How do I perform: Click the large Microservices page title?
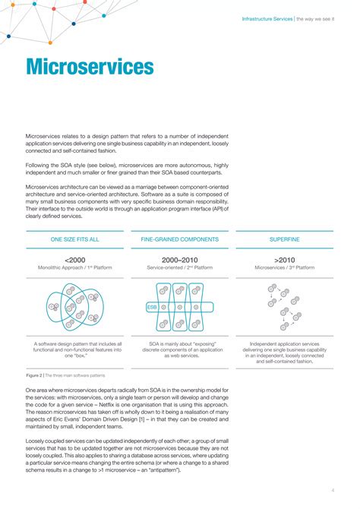pyautogui.click(x=90, y=68)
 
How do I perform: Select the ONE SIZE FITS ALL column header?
pyautogui.click(x=74, y=239)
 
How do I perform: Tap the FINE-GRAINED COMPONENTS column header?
pyautogui.click(x=180, y=239)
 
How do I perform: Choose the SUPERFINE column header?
pyautogui.click(x=284, y=239)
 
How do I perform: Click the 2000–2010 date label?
pyautogui.click(x=180, y=259)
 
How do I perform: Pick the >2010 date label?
pyautogui.click(x=284, y=259)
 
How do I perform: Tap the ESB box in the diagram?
pyautogui.click(x=152, y=307)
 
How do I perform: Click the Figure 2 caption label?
pyautogui.click(x=34, y=375)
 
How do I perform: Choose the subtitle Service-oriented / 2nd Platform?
pyautogui.click(x=180, y=268)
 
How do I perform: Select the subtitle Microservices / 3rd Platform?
pyautogui.click(x=284, y=268)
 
